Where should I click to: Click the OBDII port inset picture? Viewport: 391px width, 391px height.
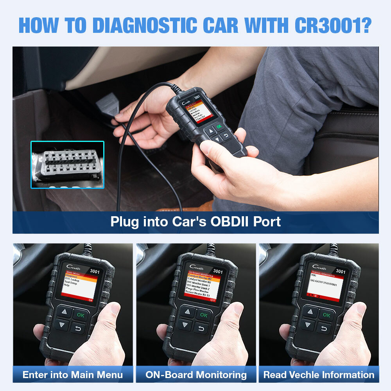coord(67,164)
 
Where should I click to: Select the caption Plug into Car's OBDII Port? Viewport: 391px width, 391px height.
coord(195,222)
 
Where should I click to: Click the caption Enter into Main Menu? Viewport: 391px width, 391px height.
coord(73,375)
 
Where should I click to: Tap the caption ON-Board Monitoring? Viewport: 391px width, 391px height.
coord(196,375)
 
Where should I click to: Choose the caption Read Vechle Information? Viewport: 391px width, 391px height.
coord(319,375)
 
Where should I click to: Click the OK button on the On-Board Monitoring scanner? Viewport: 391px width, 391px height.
coord(203,314)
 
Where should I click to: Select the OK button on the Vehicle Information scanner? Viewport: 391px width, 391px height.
coord(326,315)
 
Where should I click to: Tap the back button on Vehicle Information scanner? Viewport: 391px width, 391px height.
coord(324,328)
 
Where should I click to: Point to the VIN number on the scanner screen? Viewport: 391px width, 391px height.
coord(323,280)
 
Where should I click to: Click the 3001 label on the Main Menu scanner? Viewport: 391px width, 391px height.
coord(95,271)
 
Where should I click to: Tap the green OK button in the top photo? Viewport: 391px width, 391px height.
coord(219,126)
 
